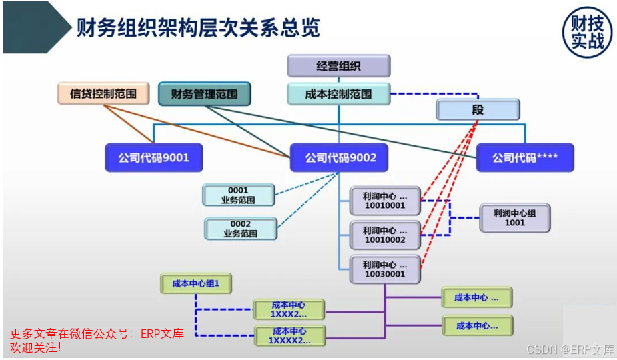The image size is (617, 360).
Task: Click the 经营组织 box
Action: pyautogui.click(x=339, y=66)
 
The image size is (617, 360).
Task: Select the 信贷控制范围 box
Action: pyautogui.click(x=103, y=93)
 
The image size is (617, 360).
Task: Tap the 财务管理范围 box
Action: pyautogui.click(x=205, y=93)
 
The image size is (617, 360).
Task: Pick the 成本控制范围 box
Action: pyautogui.click(x=339, y=93)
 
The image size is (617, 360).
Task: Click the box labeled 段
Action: pyautogui.click(x=478, y=109)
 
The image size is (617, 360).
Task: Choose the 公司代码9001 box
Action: pyautogui.click(x=154, y=157)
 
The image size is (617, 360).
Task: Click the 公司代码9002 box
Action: pyautogui.click(x=340, y=157)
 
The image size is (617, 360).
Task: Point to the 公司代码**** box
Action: pyautogui.click(x=525, y=157)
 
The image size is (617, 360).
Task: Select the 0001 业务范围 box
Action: pyautogui.click(x=238, y=195)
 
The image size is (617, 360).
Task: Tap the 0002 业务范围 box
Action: pyautogui.click(x=241, y=229)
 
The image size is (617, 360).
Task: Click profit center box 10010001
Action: pyautogui.click(x=385, y=201)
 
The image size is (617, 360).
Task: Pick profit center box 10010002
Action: pyautogui.click(x=385, y=235)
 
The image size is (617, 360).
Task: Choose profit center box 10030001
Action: pyautogui.click(x=385, y=269)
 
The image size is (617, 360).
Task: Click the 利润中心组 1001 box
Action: pyautogui.click(x=515, y=217)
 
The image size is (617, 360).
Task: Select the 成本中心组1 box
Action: pyautogui.click(x=196, y=283)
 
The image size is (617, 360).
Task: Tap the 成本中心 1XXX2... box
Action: pyautogui.click(x=289, y=309)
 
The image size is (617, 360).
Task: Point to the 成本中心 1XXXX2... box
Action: pyautogui.click(x=290, y=335)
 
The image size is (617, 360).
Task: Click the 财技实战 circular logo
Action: pyautogui.click(x=587, y=32)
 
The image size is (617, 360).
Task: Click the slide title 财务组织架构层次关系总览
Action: pyautogui.click(x=198, y=27)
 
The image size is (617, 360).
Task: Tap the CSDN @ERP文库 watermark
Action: pyautogui.click(x=570, y=349)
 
